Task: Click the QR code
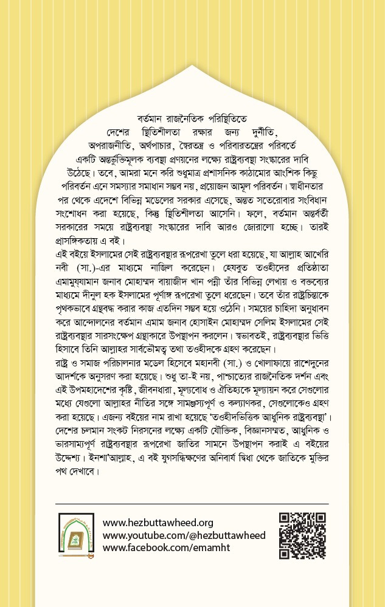[x=302, y=535]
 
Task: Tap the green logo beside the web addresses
[x=77, y=535]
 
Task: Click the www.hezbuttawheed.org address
[x=158, y=523]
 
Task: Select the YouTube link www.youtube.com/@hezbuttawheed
[x=184, y=535]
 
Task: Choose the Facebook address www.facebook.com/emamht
[x=167, y=548]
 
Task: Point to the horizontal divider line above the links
[x=192, y=504]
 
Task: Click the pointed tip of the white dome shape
[x=192, y=66]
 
